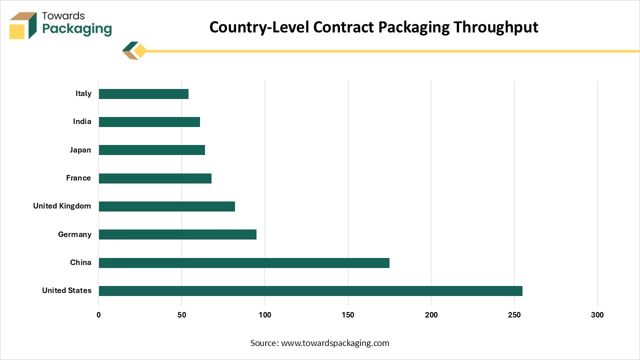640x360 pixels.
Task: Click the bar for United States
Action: tap(310, 291)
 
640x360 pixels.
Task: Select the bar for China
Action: tap(244, 263)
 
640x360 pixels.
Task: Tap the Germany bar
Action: tap(177, 234)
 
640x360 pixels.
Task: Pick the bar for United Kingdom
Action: tap(167, 206)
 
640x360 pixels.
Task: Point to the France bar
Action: tap(155, 178)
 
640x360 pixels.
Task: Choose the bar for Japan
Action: tap(152, 150)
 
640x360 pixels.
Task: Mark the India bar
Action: tap(149, 122)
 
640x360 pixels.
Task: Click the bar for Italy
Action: tap(143, 94)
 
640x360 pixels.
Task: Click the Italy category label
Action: tap(83, 93)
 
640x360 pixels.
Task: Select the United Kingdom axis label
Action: tap(62, 206)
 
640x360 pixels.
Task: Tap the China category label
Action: tap(81, 262)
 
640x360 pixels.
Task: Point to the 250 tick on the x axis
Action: tap(514, 315)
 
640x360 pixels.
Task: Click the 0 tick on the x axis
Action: tap(98, 315)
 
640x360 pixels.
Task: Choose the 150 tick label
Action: tap(348, 315)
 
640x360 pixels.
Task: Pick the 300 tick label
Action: tap(597, 315)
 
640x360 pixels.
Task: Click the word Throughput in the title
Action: tap(495, 27)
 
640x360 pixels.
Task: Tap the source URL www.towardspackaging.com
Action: tap(335, 343)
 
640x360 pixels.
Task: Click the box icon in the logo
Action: tap(23, 25)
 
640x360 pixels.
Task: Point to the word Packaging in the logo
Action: tap(77, 29)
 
